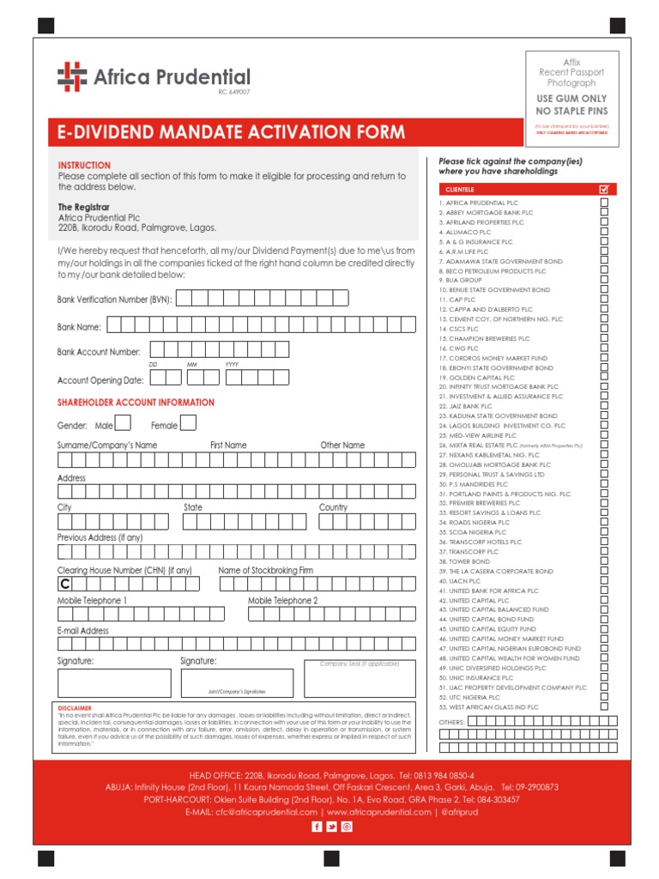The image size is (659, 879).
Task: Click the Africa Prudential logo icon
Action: pos(72,77)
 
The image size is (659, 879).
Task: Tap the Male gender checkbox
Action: pos(123,422)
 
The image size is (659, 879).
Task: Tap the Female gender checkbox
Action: pos(187,422)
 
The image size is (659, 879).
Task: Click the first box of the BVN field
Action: pos(184,298)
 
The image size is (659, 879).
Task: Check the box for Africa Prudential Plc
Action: pos(604,203)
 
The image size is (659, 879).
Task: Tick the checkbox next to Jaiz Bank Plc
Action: pos(604,406)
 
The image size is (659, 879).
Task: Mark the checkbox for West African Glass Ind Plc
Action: pos(604,706)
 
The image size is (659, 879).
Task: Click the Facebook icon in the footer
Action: pos(317,826)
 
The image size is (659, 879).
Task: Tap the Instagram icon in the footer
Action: pos(347,826)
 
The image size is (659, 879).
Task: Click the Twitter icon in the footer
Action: pos(331,826)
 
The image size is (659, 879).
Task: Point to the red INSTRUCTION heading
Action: pos(84,165)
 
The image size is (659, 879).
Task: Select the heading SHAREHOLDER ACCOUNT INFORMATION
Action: pos(136,403)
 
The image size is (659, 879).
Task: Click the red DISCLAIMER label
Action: pos(74,708)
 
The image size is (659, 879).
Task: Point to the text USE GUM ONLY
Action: pos(571,100)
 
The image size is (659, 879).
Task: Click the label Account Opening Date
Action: pos(100,380)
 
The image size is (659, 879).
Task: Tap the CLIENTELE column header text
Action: pos(462,189)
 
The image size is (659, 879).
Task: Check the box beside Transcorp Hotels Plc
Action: pos(604,542)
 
